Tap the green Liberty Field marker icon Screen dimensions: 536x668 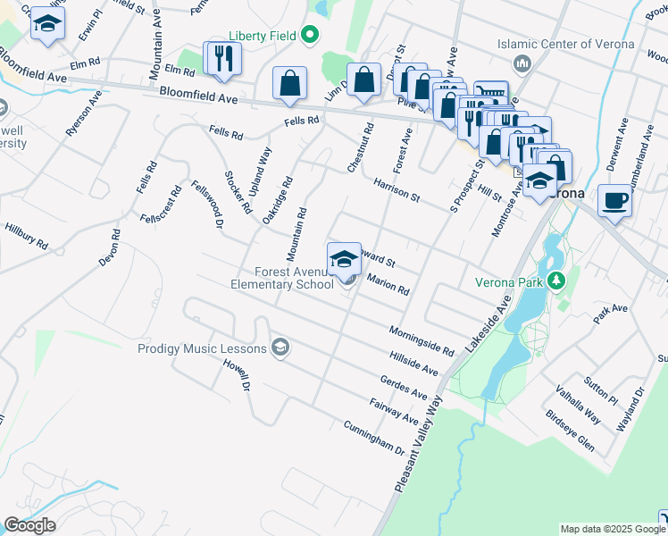(x=310, y=36)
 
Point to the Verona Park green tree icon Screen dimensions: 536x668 (x=558, y=281)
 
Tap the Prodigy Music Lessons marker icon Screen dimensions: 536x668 (x=280, y=348)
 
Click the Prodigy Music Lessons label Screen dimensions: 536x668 (x=202, y=348)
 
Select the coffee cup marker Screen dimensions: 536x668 (x=614, y=200)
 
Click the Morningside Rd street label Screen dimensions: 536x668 (x=422, y=342)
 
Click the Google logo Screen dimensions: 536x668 (x=29, y=525)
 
